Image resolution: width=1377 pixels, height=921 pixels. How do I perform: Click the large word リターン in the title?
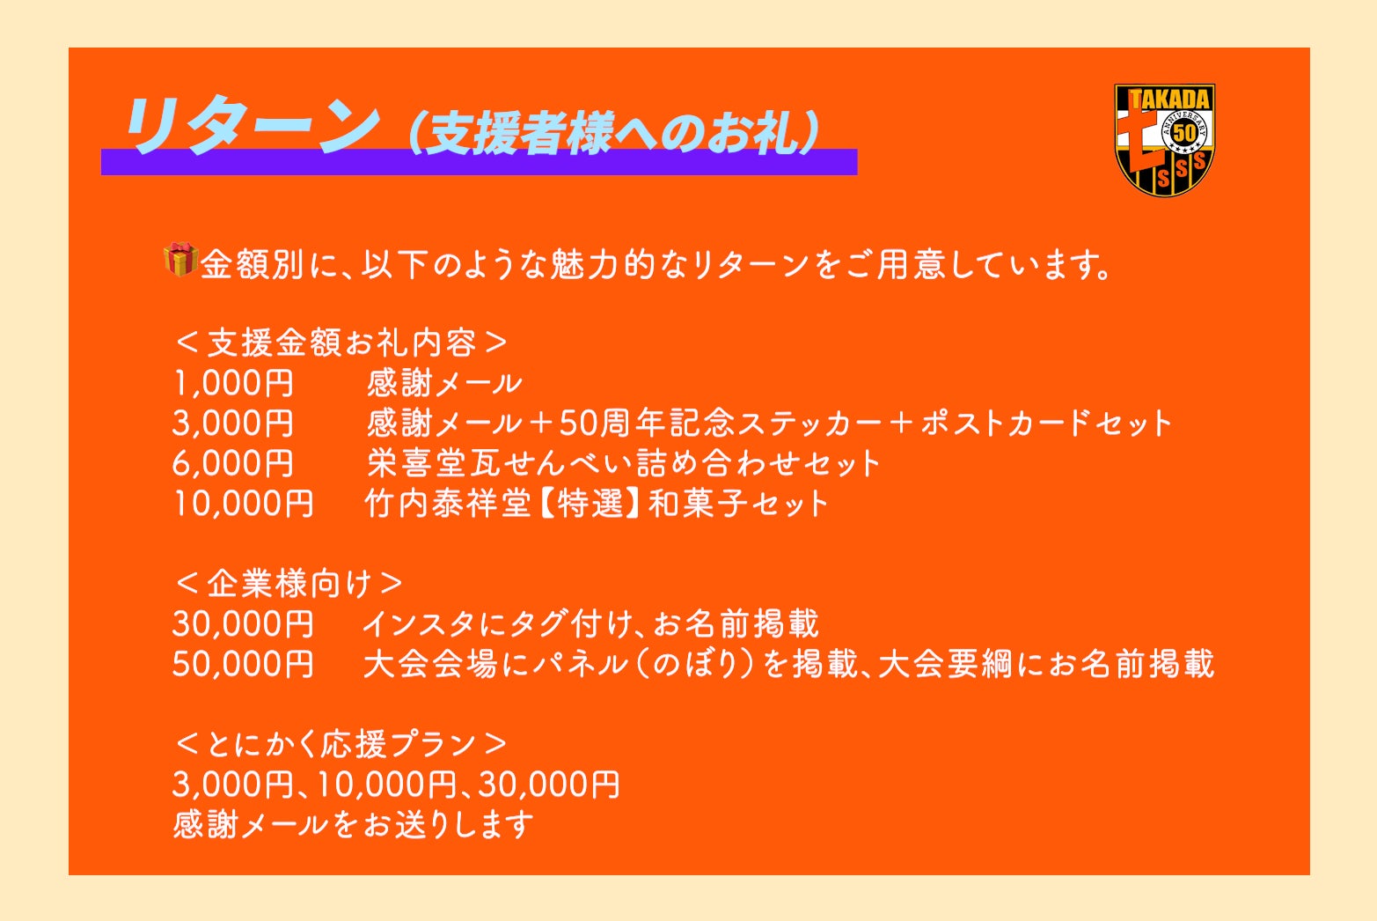pos(252,126)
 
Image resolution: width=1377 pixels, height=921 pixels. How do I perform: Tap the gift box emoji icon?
pos(180,259)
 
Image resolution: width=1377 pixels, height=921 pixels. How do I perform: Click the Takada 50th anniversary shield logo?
pos(1164,140)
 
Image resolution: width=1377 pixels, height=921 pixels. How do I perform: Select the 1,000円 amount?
pos(233,383)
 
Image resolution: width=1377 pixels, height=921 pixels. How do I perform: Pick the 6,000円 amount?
pos(233,463)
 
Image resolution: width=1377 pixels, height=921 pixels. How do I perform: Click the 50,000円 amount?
pos(243,664)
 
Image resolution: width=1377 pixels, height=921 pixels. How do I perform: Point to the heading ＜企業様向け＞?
pos(289,583)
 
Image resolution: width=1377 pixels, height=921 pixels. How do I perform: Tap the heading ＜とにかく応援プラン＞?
pos(341,744)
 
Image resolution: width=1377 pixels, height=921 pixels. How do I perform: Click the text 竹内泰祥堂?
pos(448,504)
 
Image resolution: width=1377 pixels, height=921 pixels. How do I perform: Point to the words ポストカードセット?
pos(1046,424)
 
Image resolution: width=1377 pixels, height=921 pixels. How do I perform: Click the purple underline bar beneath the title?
pos(479,162)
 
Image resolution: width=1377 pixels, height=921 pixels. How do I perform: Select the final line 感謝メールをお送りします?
pos(354,824)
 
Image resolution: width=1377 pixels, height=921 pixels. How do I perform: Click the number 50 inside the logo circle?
pos(1184,132)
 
